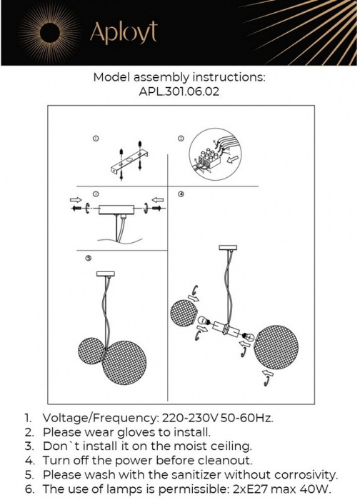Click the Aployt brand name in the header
[123, 31]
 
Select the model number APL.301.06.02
[180, 91]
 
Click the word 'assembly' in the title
[161, 77]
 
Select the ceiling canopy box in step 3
[114, 209]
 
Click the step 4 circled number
[181, 194]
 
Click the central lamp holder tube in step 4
[230, 329]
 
